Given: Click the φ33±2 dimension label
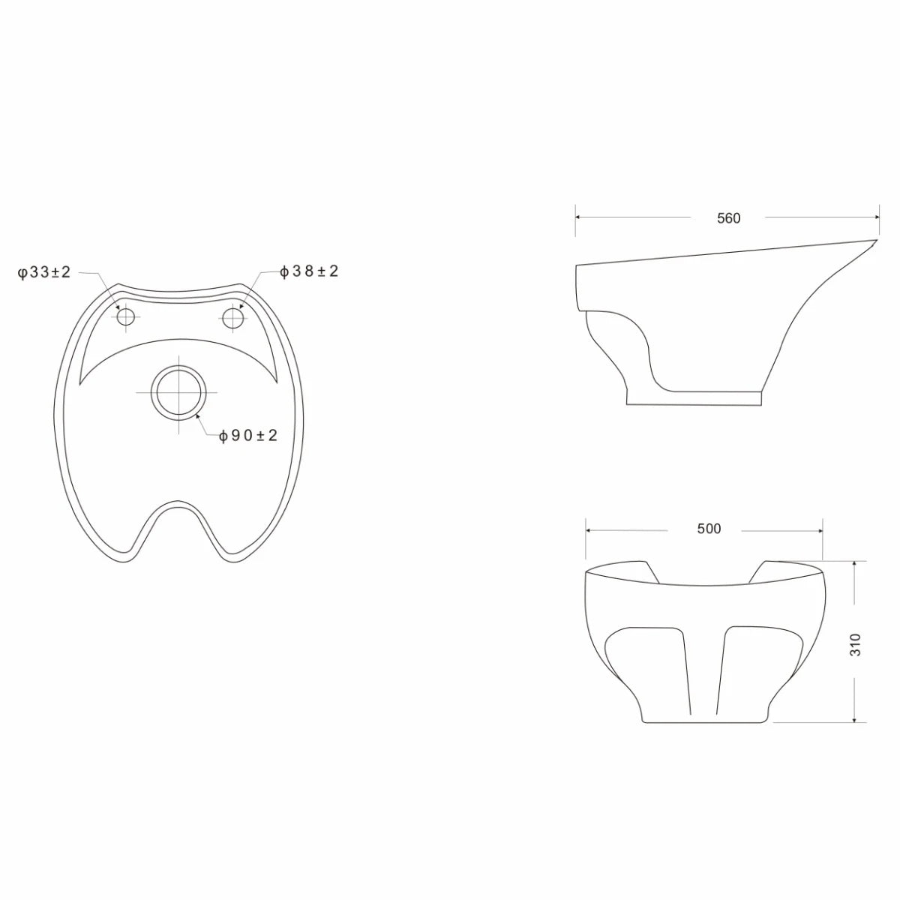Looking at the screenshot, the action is [x=44, y=271].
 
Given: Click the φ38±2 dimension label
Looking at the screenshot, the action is [x=309, y=271].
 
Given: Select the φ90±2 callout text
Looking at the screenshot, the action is [x=248, y=436].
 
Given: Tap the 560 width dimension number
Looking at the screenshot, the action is [x=728, y=218].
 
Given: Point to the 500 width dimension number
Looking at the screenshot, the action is [x=709, y=529].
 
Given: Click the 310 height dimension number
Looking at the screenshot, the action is [x=855, y=644].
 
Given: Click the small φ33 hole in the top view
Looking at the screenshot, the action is [x=126, y=317].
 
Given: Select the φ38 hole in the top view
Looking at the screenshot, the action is [x=233, y=318].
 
